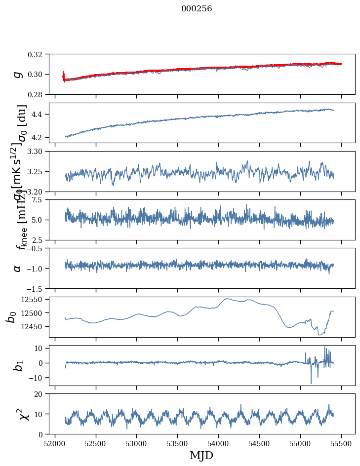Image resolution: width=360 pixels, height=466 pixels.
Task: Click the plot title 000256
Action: (197, 9)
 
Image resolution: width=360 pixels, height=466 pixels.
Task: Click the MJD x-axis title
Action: (201, 456)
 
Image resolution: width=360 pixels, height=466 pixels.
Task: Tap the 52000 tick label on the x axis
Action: (55, 443)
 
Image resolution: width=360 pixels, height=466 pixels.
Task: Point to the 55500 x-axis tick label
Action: (341, 443)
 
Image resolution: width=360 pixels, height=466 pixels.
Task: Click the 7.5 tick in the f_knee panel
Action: (40, 200)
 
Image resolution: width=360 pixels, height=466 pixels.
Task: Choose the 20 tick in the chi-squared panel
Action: (41, 394)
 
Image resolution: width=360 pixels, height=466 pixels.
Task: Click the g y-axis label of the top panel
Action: (18, 74)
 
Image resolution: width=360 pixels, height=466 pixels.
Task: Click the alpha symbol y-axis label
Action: (18, 268)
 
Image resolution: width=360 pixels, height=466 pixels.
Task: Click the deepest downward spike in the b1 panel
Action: (311, 383)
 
